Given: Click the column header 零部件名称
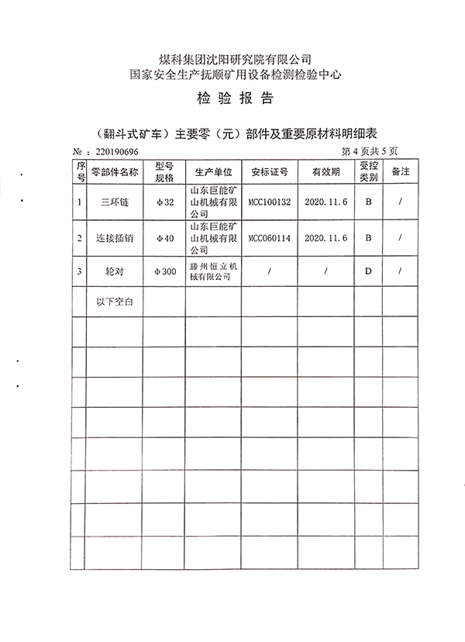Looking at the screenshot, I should pyautogui.click(x=115, y=172).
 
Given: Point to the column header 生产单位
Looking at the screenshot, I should pyautogui.click(x=214, y=172).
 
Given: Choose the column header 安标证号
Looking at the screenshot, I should pyautogui.click(x=269, y=172).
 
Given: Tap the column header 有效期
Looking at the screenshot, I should pyautogui.click(x=325, y=172).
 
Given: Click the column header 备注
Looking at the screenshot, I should pyautogui.click(x=400, y=171).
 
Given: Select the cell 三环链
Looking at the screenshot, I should pyautogui.click(x=115, y=202).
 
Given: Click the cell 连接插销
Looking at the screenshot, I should pyautogui.click(x=115, y=239).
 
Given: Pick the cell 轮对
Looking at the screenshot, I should pyautogui.click(x=115, y=272).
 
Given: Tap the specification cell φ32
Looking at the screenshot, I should pyautogui.click(x=166, y=202).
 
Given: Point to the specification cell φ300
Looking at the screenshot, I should pyautogui.click(x=166, y=272).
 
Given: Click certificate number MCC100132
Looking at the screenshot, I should pyautogui.click(x=269, y=202).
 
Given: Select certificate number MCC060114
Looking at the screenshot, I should pyautogui.click(x=269, y=239).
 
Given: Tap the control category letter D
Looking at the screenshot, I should pyautogui.click(x=369, y=272).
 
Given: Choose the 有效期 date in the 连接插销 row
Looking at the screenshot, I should pyautogui.click(x=325, y=239).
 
